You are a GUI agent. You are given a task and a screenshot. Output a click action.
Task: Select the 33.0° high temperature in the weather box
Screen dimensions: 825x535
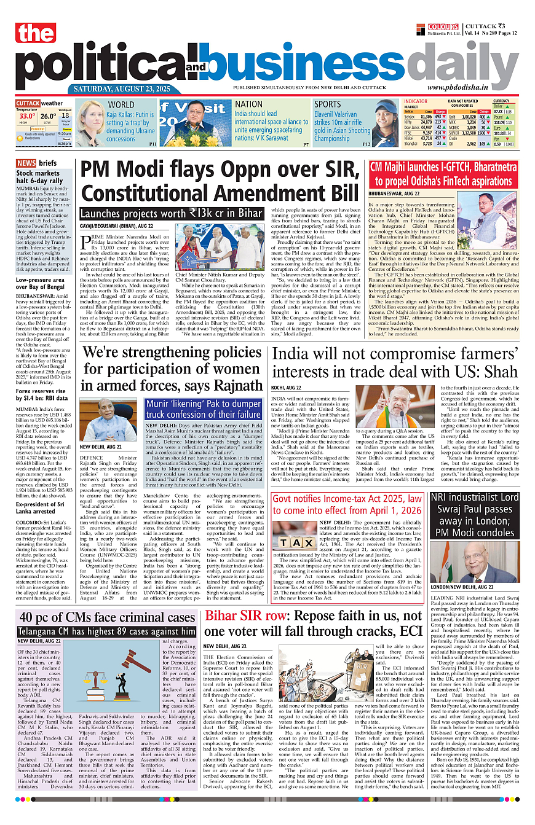click(x=26, y=116)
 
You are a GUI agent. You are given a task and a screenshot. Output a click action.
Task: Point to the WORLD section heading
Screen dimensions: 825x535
click(x=121, y=104)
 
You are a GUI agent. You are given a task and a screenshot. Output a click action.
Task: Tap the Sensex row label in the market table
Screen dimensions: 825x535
click(x=409, y=116)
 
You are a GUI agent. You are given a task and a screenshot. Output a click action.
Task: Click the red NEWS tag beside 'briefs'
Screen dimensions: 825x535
click(x=26, y=163)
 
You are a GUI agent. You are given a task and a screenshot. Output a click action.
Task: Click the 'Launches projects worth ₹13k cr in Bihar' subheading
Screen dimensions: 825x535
click(x=171, y=214)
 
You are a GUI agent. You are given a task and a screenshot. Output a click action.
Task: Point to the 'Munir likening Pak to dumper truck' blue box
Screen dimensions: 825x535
click(x=204, y=409)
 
